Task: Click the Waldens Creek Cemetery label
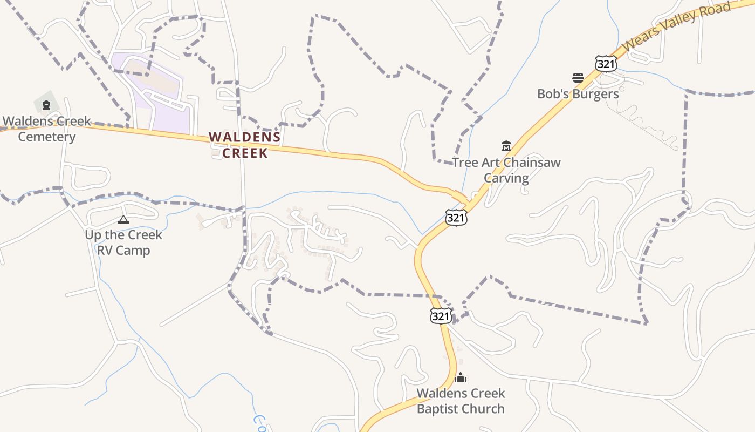[x=47, y=129]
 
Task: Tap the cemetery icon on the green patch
[x=46, y=105]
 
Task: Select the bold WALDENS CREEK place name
[x=245, y=145]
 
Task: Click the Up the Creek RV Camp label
[x=123, y=242]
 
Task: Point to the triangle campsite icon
[x=123, y=219]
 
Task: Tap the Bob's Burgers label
[x=578, y=94]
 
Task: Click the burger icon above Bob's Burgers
[x=578, y=78]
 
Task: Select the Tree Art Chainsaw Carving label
[x=506, y=170]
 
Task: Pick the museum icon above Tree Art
[x=506, y=146]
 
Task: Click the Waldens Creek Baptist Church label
[x=461, y=401]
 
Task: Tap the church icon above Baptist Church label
[x=461, y=377]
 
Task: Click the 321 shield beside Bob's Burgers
[x=606, y=63]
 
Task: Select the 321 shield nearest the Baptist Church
[x=441, y=316]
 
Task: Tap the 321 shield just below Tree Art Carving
[x=456, y=217]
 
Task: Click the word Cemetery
[x=47, y=137]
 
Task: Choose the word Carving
[x=506, y=178]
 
